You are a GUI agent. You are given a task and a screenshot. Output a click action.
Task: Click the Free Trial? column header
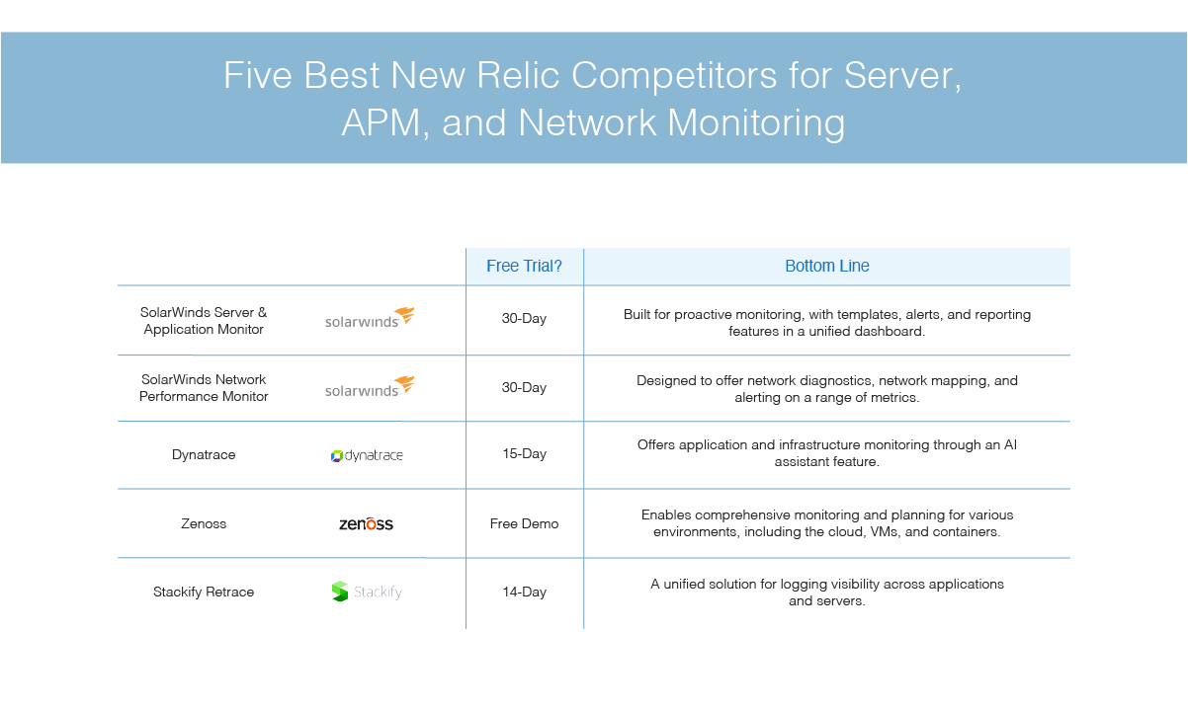point(524,266)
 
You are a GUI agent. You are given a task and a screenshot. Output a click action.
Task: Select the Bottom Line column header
point(827,266)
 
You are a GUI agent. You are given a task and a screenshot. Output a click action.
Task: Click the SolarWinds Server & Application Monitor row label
point(204,321)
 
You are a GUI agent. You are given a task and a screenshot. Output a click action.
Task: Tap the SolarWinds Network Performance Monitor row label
point(204,388)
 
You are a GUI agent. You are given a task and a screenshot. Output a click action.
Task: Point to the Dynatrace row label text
point(204,454)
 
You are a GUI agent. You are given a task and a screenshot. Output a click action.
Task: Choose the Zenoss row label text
point(204,523)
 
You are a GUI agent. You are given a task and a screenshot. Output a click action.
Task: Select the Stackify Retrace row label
point(204,592)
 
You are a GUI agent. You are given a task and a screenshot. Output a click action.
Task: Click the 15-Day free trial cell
point(524,454)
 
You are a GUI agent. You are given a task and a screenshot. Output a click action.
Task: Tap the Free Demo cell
point(524,523)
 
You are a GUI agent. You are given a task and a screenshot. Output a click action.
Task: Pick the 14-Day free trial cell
point(524,592)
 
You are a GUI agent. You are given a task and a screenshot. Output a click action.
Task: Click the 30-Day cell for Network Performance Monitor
point(524,387)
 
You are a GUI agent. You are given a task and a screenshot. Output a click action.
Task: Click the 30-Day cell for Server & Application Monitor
point(524,318)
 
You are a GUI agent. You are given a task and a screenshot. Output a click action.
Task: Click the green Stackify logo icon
point(339,592)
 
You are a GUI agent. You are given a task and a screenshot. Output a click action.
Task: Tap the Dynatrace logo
point(367,455)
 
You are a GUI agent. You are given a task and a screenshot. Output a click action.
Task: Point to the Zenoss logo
point(366,523)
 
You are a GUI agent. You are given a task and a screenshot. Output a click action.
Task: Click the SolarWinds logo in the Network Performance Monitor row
point(370,387)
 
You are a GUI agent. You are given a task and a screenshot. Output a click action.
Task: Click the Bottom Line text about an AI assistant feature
point(827,453)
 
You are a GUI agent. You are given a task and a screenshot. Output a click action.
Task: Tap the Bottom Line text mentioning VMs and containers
point(827,522)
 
